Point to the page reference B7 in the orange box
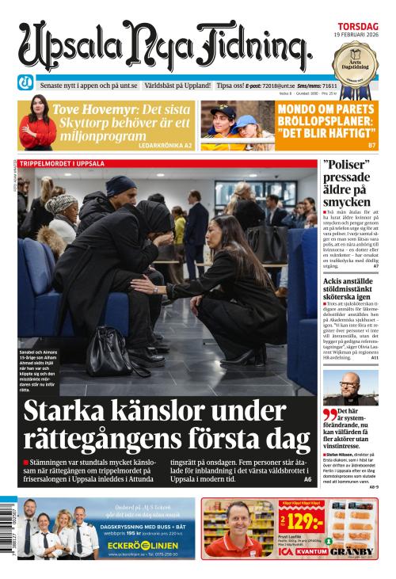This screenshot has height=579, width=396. (x=371, y=146)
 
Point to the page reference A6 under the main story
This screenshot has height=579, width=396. (x=307, y=479)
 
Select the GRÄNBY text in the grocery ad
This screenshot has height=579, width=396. (x=352, y=551)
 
